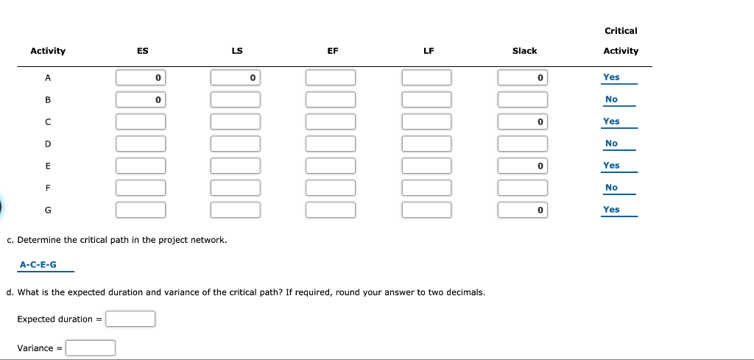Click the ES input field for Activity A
pyautogui.click(x=141, y=77)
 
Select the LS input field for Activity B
pyautogui.click(x=236, y=99)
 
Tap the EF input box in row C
pyautogui.click(x=331, y=121)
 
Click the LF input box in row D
pyautogui.click(x=427, y=144)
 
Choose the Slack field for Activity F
pyautogui.click(x=523, y=188)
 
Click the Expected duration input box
pyautogui.click(x=130, y=319)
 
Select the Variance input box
pyautogui.click(x=91, y=347)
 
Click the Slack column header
pyautogui.click(x=524, y=51)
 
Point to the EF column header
pyautogui.click(x=333, y=51)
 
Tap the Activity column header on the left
pyautogui.click(x=48, y=51)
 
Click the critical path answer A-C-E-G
pyautogui.click(x=38, y=264)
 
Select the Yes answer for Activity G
pyautogui.click(x=611, y=210)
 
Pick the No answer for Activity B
pyautogui.click(x=611, y=99)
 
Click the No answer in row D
pyautogui.click(x=611, y=144)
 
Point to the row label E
pyautogui.click(x=48, y=166)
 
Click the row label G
pyautogui.click(x=48, y=210)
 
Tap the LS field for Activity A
pyautogui.click(x=236, y=77)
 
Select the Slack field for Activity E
pyautogui.click(x=523, y=166)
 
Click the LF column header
pyautogui.click(x=429, y=51)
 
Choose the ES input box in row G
pyautogui.click(x=141, y=210)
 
